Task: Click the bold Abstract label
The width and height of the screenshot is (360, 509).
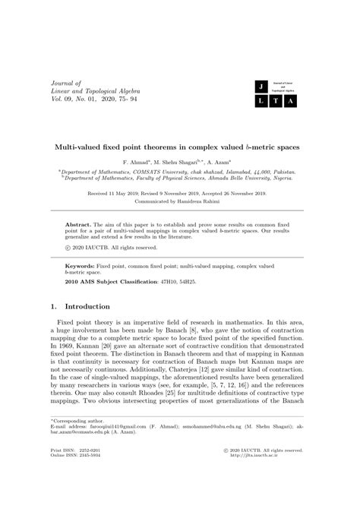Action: coord(77,226)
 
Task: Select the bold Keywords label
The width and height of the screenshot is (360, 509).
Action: coord(80,267)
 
